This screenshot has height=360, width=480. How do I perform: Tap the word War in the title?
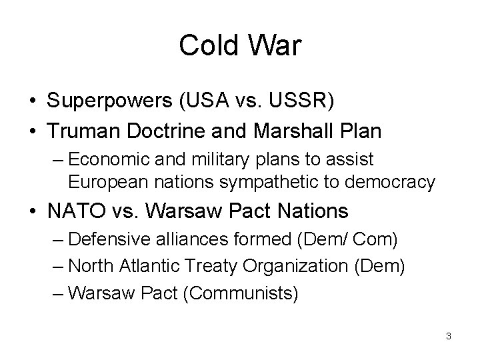(x=275, y=46)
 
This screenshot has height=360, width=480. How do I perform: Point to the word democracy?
(x=398, y=181)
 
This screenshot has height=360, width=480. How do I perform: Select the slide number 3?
(x=449, y=336)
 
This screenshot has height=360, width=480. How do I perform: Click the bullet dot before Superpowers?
(x=31, y=101)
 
